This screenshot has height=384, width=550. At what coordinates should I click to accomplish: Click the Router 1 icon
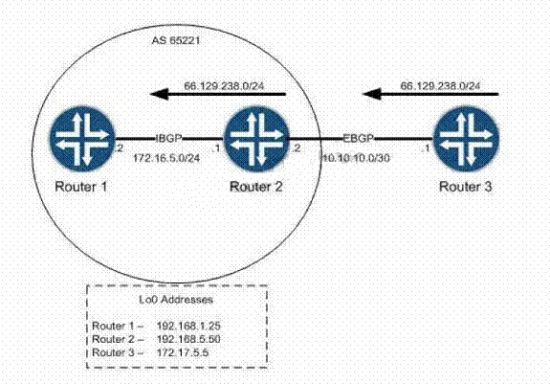(x=82, y=139)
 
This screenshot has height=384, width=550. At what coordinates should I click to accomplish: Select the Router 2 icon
(x=256, y=139)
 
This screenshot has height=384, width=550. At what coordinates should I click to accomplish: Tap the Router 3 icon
(x=466, y=139)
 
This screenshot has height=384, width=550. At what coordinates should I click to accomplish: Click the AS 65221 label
(x=176, y=40)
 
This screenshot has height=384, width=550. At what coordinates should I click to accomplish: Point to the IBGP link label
(x=168, y=138)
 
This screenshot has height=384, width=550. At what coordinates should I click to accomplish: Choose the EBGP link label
(x=358, y=138)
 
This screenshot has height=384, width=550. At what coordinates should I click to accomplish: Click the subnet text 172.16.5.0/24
(x=166, y=158)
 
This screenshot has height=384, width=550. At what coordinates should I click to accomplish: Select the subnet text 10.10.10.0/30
(x=356, y=158)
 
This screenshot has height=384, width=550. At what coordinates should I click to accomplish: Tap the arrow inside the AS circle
(x=218, y=94)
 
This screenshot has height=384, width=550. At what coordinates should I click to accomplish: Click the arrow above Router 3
(x=430, y=94)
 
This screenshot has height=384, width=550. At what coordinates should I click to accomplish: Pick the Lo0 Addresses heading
(x=176, y=300)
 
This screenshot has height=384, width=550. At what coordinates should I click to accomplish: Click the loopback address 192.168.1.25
(x=188, y=326)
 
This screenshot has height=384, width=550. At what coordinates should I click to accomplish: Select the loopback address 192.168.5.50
(x=188, y=339)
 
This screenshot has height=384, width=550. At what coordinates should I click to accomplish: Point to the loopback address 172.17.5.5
(x=183, y=352)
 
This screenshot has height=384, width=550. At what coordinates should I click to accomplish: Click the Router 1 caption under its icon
(x=80, y=187)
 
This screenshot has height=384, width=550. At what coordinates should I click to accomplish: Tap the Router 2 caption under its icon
(x=255, y=187)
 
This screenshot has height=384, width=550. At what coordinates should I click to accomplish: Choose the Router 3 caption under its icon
(x=466, y=187)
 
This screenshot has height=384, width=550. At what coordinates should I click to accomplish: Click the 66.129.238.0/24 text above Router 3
(x=441, y=85)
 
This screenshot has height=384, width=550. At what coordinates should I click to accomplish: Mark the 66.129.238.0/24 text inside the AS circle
(x=224, y=85)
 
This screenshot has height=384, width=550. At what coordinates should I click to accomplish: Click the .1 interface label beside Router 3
(x=426, y=148)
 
